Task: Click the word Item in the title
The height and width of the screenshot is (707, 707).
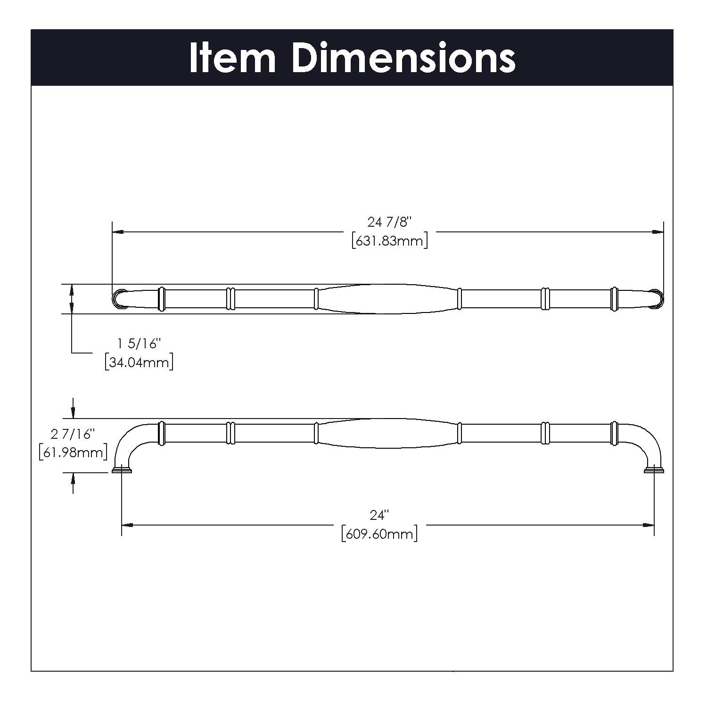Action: click(x=232, y=58)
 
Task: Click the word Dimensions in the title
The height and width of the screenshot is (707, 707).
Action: click(x=403, y=58)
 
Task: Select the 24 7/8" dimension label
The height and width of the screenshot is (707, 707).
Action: click(x=389, y=222)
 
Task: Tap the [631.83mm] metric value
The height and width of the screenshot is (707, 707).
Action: click(x=389, y=241)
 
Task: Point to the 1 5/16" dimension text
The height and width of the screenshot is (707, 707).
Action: click(x=139, y=344)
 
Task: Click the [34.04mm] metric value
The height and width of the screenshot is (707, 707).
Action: click(x=139, y=363)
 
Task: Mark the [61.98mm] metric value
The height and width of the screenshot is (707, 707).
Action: click(x=73, y=452)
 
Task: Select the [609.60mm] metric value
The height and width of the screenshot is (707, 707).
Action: click(x=379, y=534)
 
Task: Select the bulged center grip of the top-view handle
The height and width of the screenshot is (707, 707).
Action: click(x=386, y=299)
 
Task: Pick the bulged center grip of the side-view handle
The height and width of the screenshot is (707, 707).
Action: click(x=386, y=433)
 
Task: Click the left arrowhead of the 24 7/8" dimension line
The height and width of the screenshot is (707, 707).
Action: click(x=118, y=232)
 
